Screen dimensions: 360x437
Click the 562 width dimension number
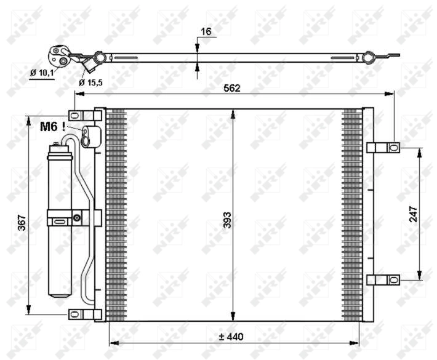click(231, 88)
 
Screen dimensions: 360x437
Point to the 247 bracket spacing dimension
click(414, 214)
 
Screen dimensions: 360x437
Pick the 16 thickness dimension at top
click(206, 31)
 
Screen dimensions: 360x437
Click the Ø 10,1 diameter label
click(42, 73)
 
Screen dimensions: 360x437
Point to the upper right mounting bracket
click(383, 147)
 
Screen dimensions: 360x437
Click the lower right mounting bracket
click(383, 280)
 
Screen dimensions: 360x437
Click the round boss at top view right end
click(368, 58)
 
